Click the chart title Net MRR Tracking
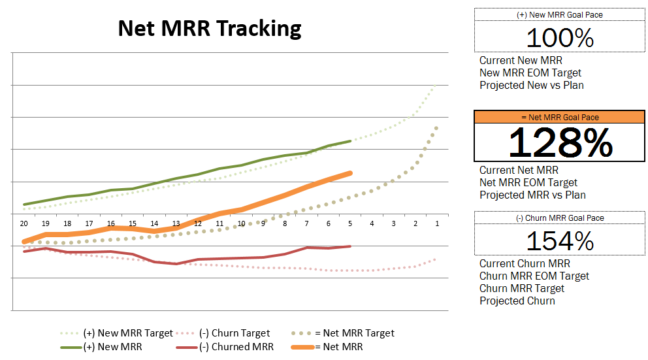pyautogui.click(x=210, y=29)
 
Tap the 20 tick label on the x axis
pyautogui.click(x=24, y=223)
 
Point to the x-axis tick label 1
pyautogui.click(x=437, y=223)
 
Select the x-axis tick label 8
pyautogui.click(x=285, y=223)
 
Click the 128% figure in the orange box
pyautogui.click(x=560, y=142)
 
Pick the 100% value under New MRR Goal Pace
pyautogui.click(x=560, y=38)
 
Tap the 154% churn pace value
pyautogui.click(x=560, y=241)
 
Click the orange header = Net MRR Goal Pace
pyautogui.click(x=560, y=118)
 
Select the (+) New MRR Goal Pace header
pyautogui.click(x=560, y=15)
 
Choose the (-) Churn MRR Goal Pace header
pyautogui.click(x=560, y=218)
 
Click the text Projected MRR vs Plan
pyautogui.click(x=532, y=195)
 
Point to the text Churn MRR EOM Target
pyautogui.click(x=534, y=276)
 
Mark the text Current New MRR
pyautogui.click(x=521, y=60)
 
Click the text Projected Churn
pyautogui.click(x=517, y=301)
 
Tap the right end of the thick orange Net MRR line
pyautogui.click(x=350, y=173)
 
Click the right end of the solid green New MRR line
pyautogui.click(x=350, y=141)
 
